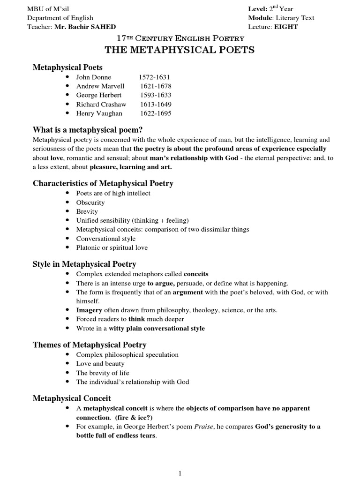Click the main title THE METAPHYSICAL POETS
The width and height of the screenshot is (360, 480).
pos(180,50)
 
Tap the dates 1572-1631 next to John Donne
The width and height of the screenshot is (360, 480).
pos(154,77)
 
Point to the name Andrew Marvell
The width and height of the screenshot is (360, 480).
pos(100,86)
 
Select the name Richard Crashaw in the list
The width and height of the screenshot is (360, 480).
pos(101,104)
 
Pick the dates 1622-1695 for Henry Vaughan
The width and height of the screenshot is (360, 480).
pos(155,113)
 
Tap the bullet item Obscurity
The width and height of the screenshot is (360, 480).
pos(90,202)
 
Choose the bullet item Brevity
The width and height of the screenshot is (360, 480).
pos(87,211)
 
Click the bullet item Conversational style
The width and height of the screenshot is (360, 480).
pos(105,239)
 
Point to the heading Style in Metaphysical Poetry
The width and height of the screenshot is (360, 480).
pos(84,264)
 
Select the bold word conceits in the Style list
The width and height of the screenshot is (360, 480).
pos(196,274)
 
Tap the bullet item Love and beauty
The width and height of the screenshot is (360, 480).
pos(100,364)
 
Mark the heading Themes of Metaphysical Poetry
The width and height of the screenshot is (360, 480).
pos(90,345)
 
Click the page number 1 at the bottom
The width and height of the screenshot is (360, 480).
pos(180,474)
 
